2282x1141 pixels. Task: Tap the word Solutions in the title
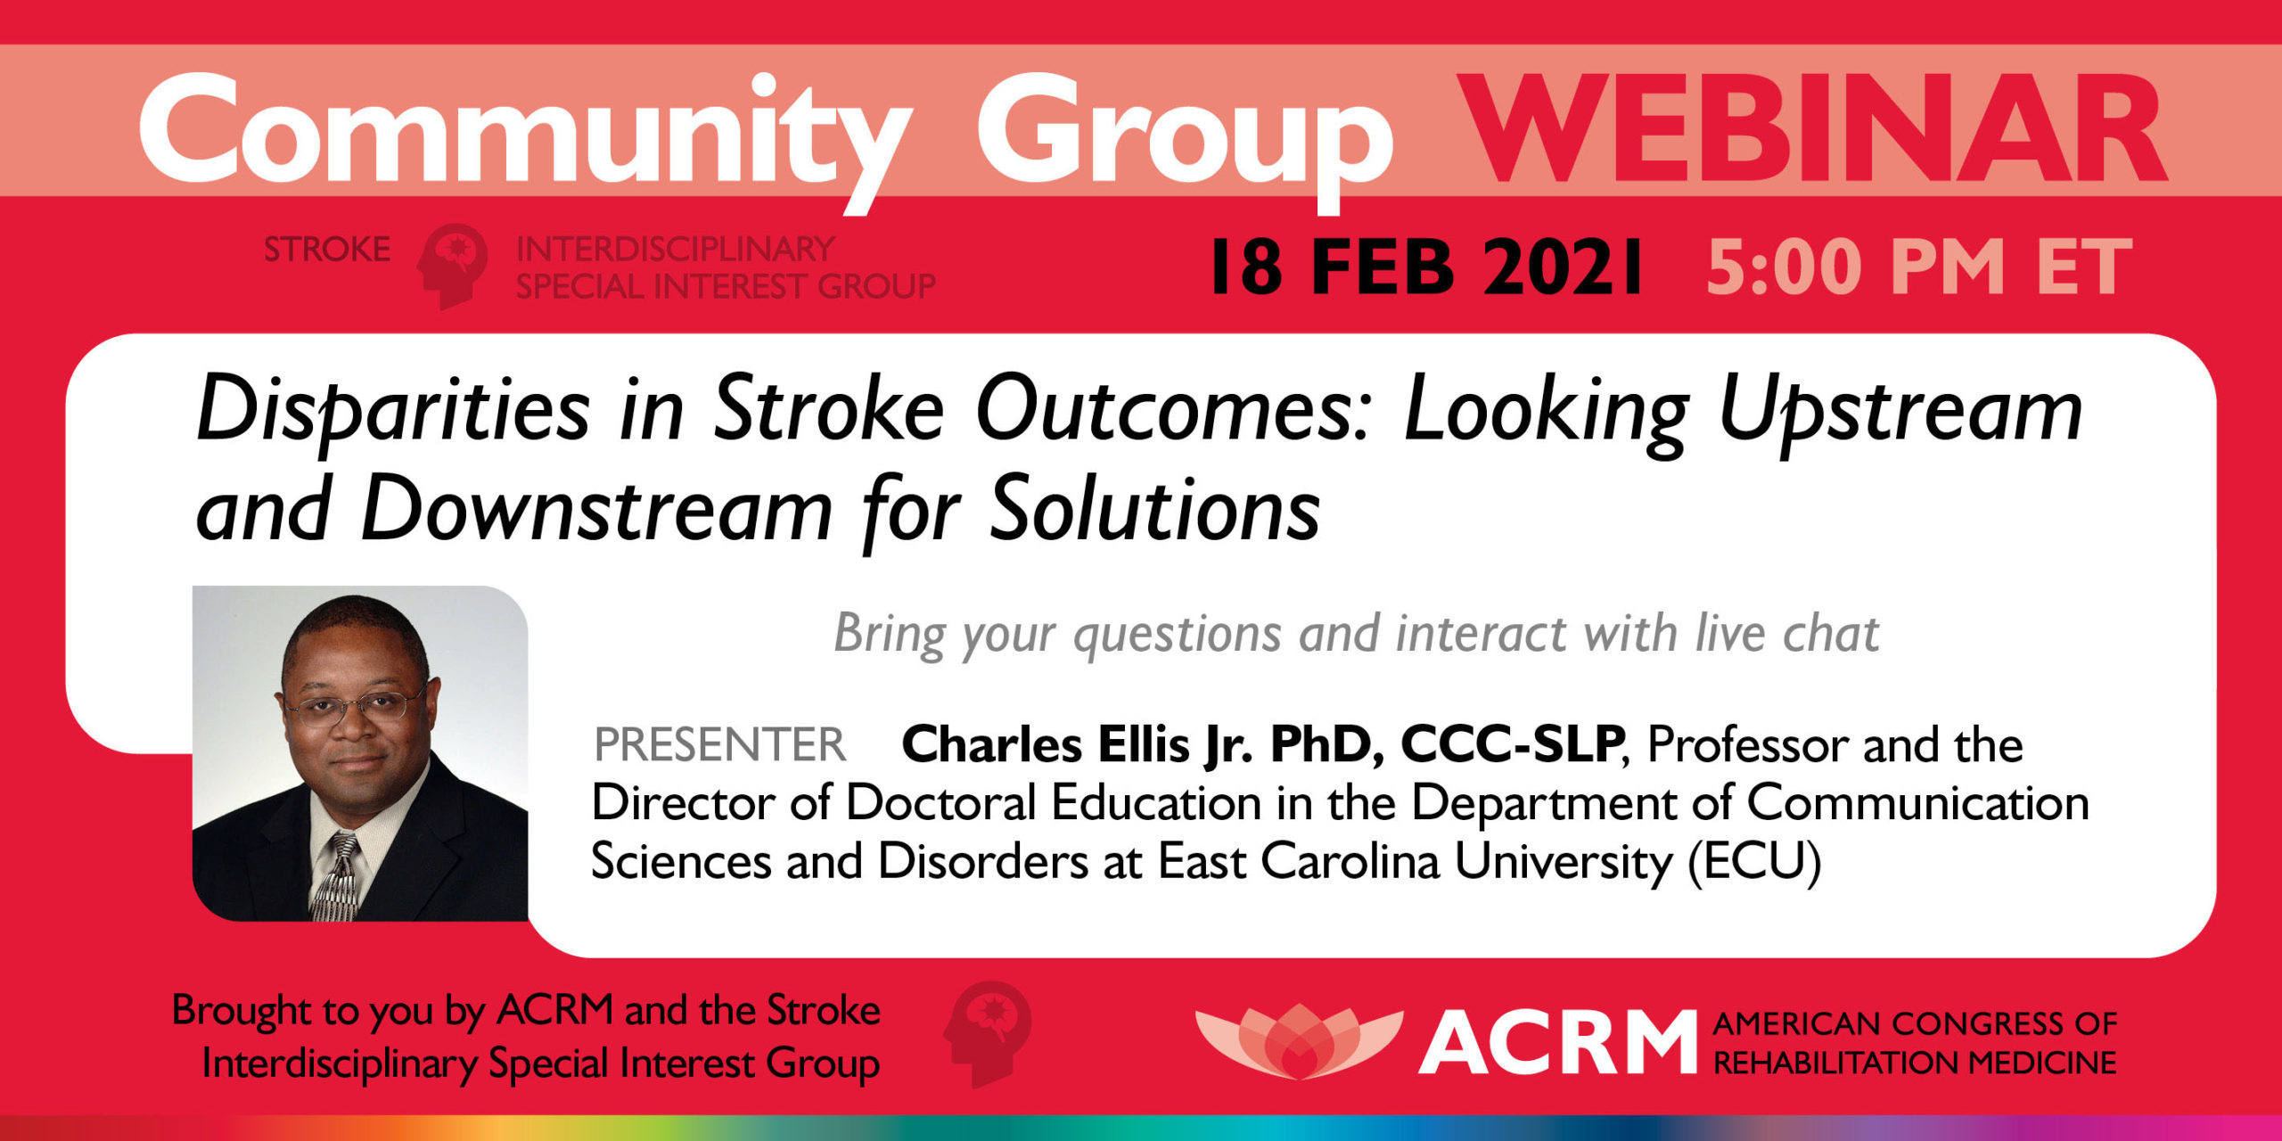coord(1155,510)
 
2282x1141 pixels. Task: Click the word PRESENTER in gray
coord(719,745)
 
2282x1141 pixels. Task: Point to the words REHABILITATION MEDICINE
coord(1915,1063)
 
